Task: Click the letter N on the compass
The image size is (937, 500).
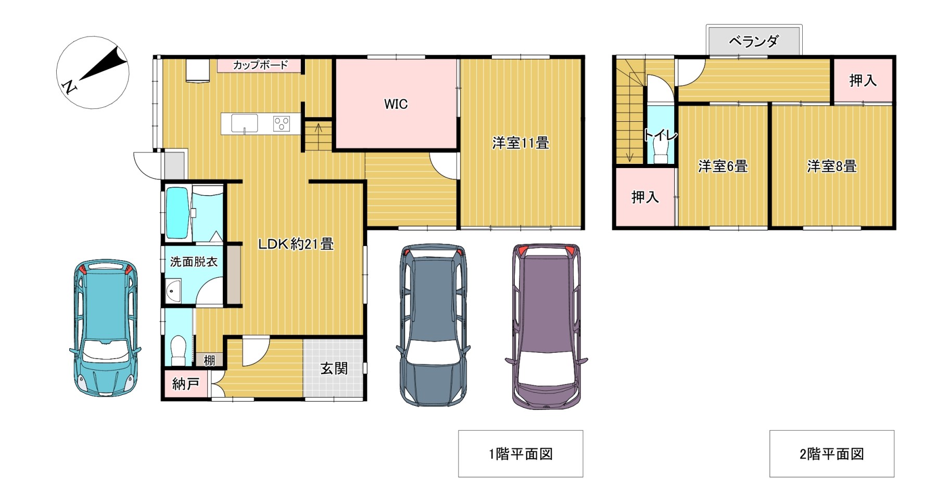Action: coord(68,87)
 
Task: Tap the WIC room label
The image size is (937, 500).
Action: coord(396,104)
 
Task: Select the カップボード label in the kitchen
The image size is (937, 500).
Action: coord(260,65)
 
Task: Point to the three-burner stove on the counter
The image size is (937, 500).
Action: coord(282,124)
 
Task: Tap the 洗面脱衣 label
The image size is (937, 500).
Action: coord(194,262)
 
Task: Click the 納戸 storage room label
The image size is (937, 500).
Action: coord(186,384)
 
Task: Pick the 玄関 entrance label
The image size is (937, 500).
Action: coord(334,368)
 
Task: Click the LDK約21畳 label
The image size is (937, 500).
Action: coord(296,243)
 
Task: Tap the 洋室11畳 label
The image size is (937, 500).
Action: coord(521,143)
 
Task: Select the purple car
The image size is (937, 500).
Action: coord(547,326)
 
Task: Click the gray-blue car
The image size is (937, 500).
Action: coord(433,325)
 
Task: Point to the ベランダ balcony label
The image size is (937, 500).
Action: coord(754,41)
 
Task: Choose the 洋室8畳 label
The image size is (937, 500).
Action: coord(832,166)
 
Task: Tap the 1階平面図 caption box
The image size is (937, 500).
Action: coord(521,454)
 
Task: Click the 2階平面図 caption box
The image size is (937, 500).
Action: coord(832,454)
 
